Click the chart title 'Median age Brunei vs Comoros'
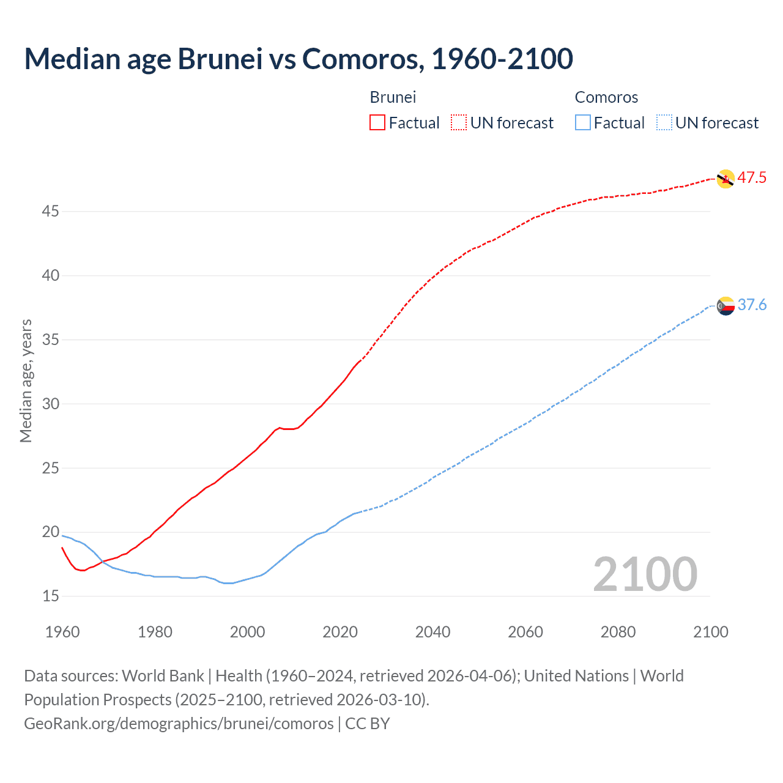tap(299, 59)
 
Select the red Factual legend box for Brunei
tap(377, 123)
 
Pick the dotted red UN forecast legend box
tap(459, 123)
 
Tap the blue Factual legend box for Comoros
tap(582, 123)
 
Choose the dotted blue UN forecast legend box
tap(664, 123)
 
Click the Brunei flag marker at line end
tap(725, 179)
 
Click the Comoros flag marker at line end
tap(725, 306)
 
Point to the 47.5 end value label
tap(752, 178)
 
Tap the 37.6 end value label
tap(752, 305)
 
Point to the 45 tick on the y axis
tap(51, 212)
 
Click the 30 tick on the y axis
tap(51, 404)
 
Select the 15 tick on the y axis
tap(51, 596)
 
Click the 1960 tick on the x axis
tap(62, 632)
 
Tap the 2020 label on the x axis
tap(340, 632)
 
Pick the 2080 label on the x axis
tap(618, 632)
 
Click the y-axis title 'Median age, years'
tap(26, 380)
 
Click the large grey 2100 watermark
tap(645, 574)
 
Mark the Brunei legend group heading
tap(393, 97)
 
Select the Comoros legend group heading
tap(606, 97)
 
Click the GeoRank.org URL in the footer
tap(179, 724)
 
